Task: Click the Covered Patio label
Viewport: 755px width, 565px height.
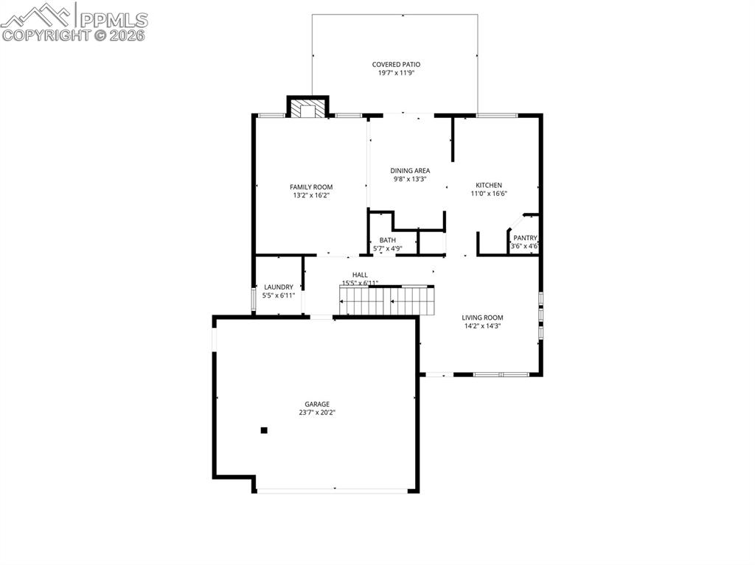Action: point(396,64)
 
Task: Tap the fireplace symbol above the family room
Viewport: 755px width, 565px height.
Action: point(307,109)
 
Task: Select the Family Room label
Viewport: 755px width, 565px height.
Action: point(311,187)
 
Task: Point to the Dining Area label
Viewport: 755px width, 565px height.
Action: point(410,170)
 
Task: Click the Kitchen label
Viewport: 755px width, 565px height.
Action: point(489,185)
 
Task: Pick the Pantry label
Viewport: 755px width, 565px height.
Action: point(526,238)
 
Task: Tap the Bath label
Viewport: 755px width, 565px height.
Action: point(387,240)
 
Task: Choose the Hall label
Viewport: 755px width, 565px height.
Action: point(360,275)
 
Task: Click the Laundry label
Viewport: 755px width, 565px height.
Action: point(279,287)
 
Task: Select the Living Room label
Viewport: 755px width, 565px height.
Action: point(483,317)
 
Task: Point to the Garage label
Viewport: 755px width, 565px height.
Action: point(317,404)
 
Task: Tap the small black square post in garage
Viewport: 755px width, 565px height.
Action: point(264,430)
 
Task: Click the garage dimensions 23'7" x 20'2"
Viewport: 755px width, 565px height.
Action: point(317,413)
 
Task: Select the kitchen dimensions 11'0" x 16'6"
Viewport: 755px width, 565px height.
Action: point(489,194)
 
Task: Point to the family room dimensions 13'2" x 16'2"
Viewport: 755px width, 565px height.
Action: point(311,196)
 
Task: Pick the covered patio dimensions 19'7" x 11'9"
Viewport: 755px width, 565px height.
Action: point(396,73)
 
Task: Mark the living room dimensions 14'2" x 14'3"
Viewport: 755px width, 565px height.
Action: point(483,326)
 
